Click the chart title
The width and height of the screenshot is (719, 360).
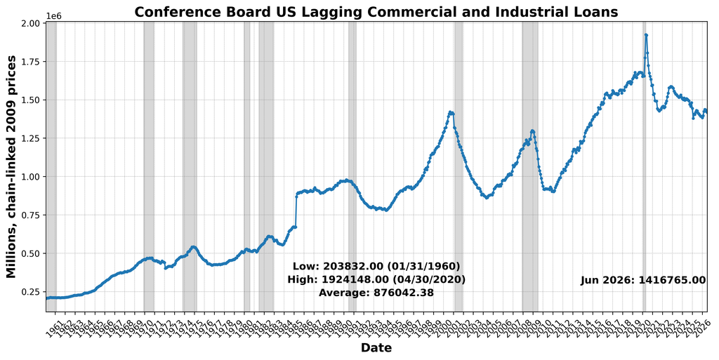(376, 11)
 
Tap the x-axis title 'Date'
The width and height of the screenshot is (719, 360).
(376, 347)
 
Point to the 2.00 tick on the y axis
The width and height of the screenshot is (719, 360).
(32, 23)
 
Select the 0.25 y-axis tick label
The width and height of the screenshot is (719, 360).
(32, 292)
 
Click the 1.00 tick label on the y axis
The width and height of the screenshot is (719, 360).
(32, 177)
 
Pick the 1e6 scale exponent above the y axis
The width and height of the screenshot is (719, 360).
(54, 16)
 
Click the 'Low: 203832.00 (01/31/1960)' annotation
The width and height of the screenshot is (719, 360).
(376, 267)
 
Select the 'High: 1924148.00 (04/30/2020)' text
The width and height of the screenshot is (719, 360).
(376, 279)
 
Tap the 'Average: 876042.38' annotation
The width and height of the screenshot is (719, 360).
(376, 292)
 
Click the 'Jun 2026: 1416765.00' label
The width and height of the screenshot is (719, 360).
(643, 280)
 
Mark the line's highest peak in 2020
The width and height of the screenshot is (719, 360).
(646, 35)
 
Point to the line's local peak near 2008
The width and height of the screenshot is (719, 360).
(532, 131)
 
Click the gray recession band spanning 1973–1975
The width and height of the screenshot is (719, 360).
(190, 167)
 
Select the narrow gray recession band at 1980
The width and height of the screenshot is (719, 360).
(246, 167)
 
